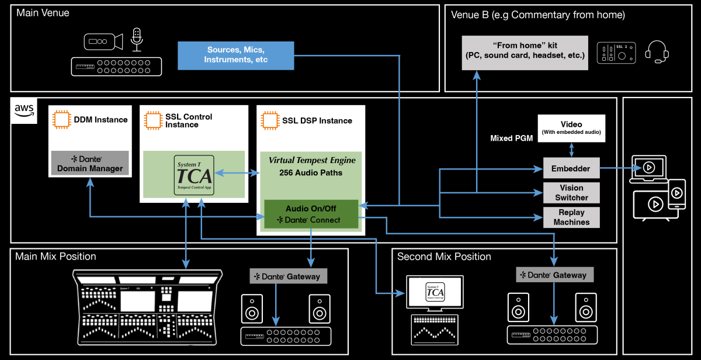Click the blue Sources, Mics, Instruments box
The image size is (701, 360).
[235, 55]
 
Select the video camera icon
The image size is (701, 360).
[103, 41]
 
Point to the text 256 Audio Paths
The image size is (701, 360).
[311, 174]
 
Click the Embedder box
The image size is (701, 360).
[571, 168]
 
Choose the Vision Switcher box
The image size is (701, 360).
[571, 192]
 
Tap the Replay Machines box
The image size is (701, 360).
[571, 217]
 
